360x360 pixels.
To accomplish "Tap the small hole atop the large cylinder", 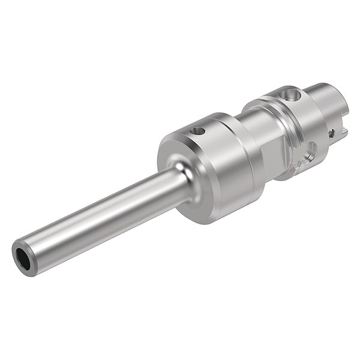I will pyautogui.click(x=197, y=131).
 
